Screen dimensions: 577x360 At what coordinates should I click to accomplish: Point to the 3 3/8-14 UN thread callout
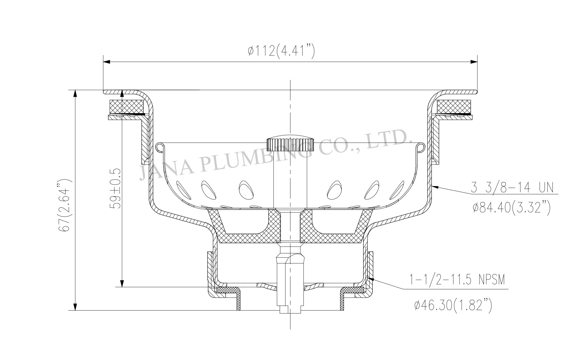click(512, 187)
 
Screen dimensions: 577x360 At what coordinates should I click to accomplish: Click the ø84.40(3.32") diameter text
click(511, 209)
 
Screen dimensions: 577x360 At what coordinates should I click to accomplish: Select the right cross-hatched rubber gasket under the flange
click(455, 106)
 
